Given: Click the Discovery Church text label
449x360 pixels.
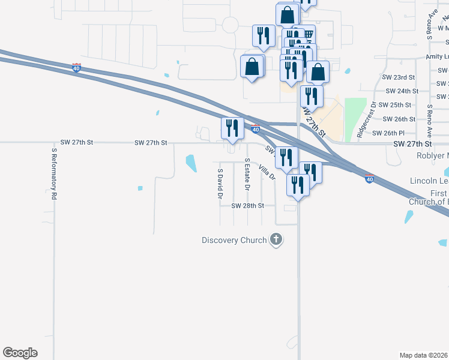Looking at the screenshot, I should pyautogui.click(x=234, y=241).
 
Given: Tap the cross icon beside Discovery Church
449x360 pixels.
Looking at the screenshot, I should pyautogui.click(x=276, y=240).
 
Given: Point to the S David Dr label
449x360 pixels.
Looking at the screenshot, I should pyautogui.click(x=220, y=184).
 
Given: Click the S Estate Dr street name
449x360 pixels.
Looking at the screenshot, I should pyautogui.click(x=247, y=175).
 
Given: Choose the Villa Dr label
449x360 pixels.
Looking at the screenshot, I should pyautogui.click(x=267, y=173).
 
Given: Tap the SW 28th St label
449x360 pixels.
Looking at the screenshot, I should pyautogui.click(x=248, y=206).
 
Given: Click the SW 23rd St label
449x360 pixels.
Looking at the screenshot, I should pyautogui.click(x=399, y=77).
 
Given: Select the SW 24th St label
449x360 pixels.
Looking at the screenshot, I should pyautogui.click(x=402, y=91).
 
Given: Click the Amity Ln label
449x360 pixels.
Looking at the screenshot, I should pyautogui.click(x=438, y=56).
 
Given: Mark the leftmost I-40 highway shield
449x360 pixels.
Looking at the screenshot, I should pyautogui.click(x=76, y=68).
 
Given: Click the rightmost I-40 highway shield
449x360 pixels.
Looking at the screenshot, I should pyautogui.click(x=369, y=179).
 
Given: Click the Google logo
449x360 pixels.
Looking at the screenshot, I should pyautogui.click(x=20, y=353).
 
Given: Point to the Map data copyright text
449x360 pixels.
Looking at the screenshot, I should pyautogui.click(x=424, y=355).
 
